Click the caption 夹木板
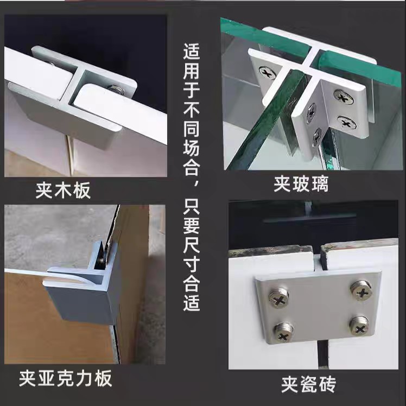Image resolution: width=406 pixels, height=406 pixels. click(63, 191)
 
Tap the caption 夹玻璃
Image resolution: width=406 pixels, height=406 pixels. click(301, 184)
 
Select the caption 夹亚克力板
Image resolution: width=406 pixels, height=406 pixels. click(66, 378)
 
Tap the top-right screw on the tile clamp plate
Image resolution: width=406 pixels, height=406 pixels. click(361, 290)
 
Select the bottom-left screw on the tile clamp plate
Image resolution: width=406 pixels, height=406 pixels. click(283, 332)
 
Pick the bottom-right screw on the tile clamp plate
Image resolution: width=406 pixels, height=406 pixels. click(359, 326)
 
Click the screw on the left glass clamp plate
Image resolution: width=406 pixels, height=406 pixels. click(267, 73)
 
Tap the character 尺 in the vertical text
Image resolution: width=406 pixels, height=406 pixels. click(192, 244)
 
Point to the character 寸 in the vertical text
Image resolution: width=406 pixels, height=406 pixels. click(192, 264)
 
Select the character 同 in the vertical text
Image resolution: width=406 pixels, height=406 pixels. click(192, 129)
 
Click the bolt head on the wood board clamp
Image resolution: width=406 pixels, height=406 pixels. click(117, 90)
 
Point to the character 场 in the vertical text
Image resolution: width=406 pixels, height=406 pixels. click(192, 148)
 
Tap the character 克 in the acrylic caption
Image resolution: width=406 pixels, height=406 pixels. click(66, 378)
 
